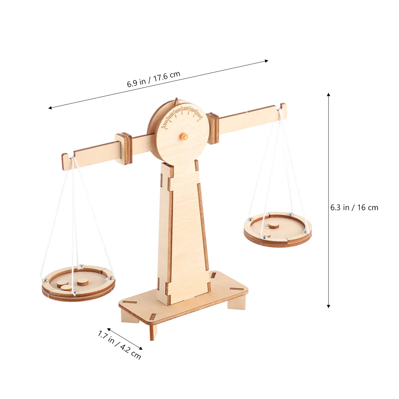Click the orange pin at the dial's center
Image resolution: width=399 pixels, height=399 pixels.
point(183,136)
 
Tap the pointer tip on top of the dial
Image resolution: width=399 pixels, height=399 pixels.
point(177,99)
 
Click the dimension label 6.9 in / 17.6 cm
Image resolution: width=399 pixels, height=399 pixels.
point(154,79)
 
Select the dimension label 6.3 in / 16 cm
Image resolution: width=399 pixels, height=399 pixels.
point(354,207)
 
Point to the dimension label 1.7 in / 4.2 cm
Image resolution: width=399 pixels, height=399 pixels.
point(119,344)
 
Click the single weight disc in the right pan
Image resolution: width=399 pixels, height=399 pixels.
point(273,225)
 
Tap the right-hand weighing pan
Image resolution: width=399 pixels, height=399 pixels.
point(278,230)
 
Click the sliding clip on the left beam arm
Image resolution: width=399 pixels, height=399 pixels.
point(124,148)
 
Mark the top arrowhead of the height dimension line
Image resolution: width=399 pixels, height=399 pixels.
point(329,94)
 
